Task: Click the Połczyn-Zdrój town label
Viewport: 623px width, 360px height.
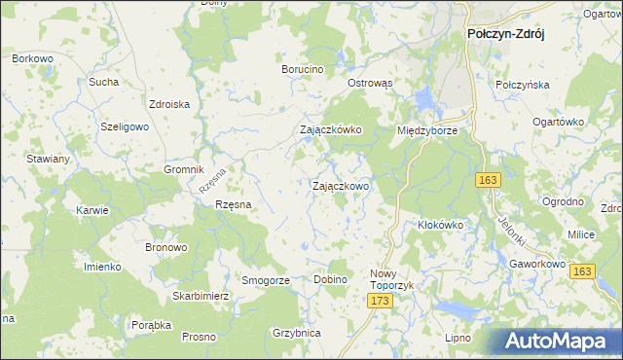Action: click(x=505, y=33)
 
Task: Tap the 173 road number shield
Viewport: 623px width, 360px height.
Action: click(x=381, y=304)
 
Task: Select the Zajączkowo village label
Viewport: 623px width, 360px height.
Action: click(x=340, y=185)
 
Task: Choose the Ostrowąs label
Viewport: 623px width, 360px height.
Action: click(x=370, y=84)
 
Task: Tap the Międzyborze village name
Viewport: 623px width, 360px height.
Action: click(x=427, y=129)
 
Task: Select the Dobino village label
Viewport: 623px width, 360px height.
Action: click(x=331, y=280)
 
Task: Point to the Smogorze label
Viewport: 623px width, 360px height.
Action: click(x=266, y=280)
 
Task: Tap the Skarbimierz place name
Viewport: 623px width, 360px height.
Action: click(x=201, y=295)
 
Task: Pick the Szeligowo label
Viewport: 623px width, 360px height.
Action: click(x=125, y=127)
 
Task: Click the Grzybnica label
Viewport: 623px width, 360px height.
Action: click(x=297, y=333)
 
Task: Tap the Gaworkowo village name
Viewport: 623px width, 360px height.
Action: click(x=538, y=264)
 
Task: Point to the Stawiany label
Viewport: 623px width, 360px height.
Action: click(x=48, y=159)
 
